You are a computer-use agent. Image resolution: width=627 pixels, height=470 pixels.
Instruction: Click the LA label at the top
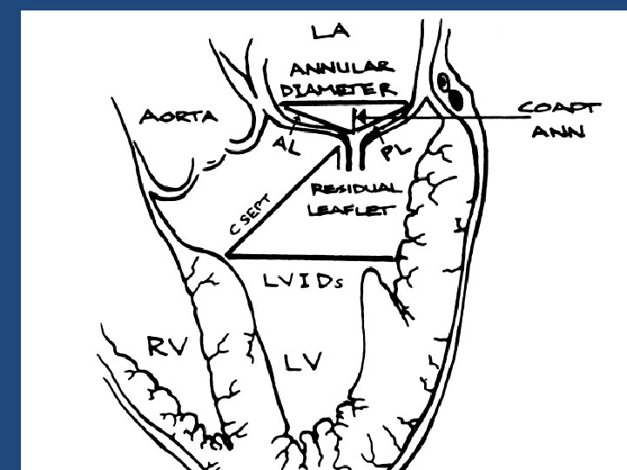pos(330,31)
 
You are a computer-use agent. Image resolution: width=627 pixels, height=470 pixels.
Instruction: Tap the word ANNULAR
pos(340,69)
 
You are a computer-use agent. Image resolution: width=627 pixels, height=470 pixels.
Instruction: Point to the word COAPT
pos(559,108)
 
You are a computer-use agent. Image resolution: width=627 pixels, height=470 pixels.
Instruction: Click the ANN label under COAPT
pos(560,132)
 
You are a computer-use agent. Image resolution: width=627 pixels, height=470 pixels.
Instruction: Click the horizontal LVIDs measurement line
pos(313,257)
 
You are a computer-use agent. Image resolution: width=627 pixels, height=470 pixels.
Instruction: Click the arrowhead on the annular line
pos(358,116)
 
